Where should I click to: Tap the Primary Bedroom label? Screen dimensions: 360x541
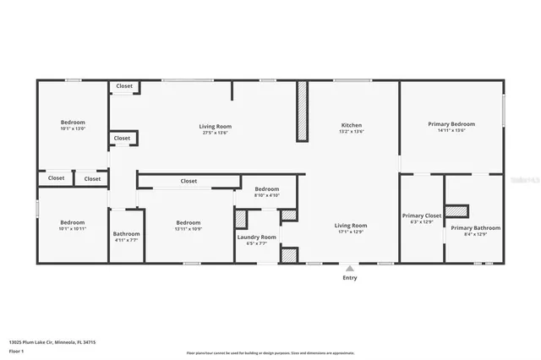pos(451,124)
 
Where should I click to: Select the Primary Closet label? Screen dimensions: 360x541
pos(421,215)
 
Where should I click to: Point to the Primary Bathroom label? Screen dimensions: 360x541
pos(475,227)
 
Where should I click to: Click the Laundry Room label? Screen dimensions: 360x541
pos(256,237)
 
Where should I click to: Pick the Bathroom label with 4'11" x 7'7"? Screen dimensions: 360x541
pos(126,234)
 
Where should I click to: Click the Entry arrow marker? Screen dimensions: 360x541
pos(349,268)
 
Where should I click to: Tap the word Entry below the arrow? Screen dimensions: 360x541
pos(349,277)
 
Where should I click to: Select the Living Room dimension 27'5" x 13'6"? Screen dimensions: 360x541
pos(215,133)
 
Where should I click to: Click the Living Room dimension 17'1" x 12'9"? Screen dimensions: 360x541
pos(350,232)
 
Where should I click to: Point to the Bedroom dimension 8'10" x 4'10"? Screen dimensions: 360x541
pos(267,195)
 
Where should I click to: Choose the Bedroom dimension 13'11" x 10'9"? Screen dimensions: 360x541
pos(187,229)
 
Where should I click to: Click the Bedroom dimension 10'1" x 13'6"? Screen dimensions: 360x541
pos(73,128)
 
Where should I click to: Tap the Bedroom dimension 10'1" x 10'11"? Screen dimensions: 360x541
pos(73,228)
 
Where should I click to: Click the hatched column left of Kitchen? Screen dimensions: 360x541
pos(302,112)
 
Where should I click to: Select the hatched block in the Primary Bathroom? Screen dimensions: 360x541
pos(457,210)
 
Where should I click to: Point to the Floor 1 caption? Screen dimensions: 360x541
pos(16,350)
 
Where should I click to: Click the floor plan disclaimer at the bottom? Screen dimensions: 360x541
pos(270,352)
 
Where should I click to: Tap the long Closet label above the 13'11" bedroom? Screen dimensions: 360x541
pos(189,181)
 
